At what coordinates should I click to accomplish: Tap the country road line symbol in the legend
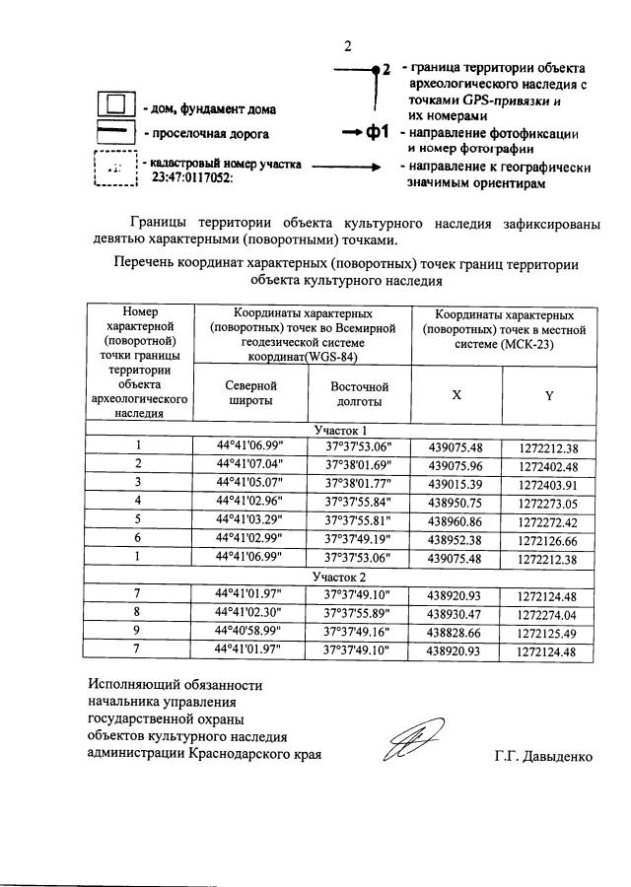(115, 131)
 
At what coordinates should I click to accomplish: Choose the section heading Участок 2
(340, 576)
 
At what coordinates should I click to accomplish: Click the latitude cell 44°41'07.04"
(250, 464)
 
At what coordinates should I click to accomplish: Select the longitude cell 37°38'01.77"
(357, 482)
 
